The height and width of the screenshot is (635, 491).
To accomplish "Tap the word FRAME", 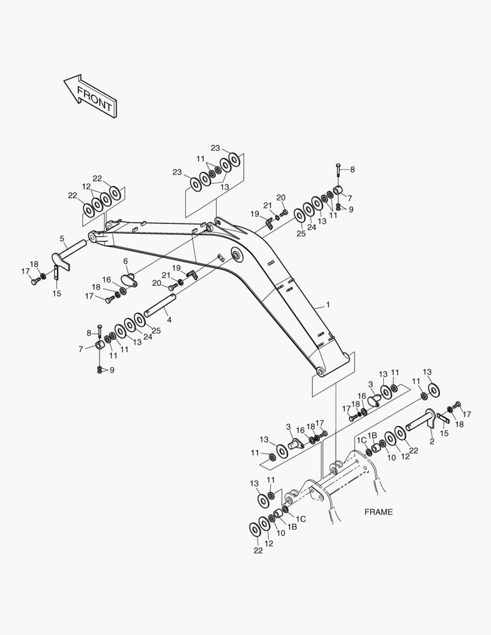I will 378,512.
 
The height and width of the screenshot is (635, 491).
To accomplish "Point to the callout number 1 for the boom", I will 328,305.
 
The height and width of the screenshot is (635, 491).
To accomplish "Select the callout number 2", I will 432,441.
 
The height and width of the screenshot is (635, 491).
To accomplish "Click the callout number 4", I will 169,320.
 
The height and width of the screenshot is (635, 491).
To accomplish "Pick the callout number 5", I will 62,239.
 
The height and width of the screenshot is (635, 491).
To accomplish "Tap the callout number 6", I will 125,261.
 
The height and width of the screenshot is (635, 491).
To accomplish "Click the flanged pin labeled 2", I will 420,420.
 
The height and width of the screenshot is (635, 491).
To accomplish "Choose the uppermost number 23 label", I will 215,148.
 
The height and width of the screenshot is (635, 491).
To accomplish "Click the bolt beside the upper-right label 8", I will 338,172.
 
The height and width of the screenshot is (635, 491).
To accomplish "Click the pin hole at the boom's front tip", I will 92,236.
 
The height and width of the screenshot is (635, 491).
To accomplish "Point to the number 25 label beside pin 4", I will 156,331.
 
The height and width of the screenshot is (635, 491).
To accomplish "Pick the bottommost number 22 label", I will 258,550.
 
